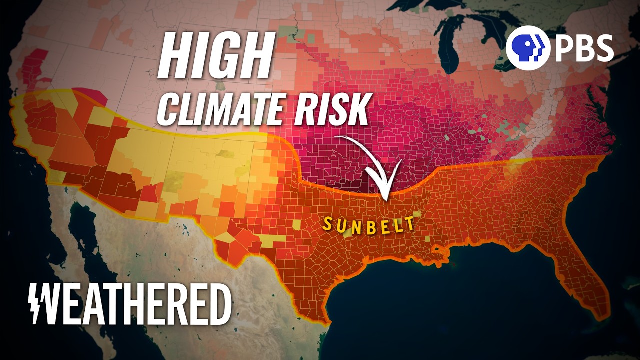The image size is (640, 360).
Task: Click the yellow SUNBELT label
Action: click(x=369, y=223)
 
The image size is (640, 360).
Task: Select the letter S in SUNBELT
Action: click(x=328, y=223)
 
